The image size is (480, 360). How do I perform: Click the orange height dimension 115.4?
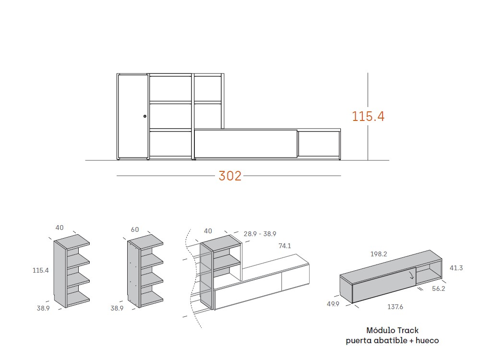pyautogui.click(x=368, y=116)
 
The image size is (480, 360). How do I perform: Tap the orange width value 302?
pyautogui.click(x=230, y=176)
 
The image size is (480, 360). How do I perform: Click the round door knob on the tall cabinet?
pyautogui.click(x=144, y=116)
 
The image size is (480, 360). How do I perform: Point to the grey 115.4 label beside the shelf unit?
pyautogui.click(x=41, y=271)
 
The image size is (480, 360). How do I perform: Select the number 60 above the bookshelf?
pyautogui.click(x=135, y=229)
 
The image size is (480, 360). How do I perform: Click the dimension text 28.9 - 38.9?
pyautogui.click(x=260, y=234)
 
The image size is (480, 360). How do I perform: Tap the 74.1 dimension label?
pyautogui.click(x=285, y=246)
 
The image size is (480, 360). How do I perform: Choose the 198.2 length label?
pyautogui.click(x=378, y=254)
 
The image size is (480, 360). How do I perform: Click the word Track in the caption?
pyautogui.click(x=407, y=330)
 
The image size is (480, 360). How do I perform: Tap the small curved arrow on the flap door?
pyautogui.click(x=411, y=275)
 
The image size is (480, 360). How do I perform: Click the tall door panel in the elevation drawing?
pyautogui.click(x=132, y=116)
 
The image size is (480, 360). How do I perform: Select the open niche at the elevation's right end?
pyautogui.click(x=318, y=144)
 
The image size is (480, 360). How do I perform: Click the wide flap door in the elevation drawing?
pyautogui.click(x=245, y=143)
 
